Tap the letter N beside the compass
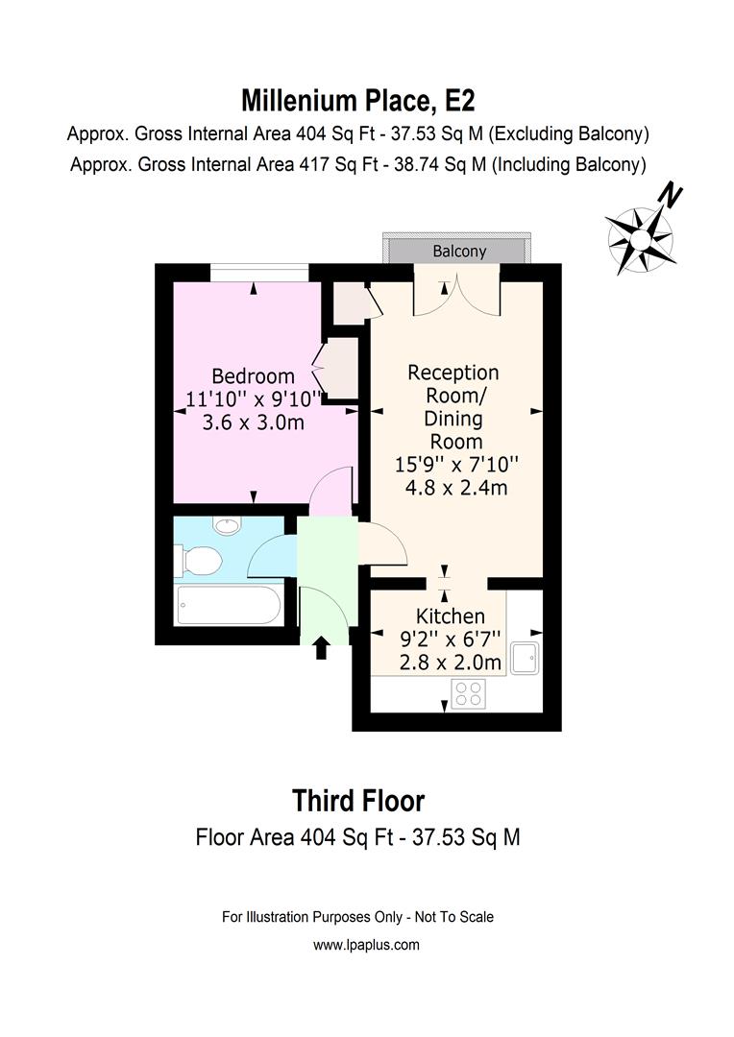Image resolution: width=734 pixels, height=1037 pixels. pos(671,197)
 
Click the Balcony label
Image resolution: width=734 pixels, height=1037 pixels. pos(459,252)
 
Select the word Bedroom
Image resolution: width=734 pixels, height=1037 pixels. pos(254,375)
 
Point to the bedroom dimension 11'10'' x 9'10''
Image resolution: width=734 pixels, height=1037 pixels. pos(255,398)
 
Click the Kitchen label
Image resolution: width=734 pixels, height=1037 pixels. pos(450,616)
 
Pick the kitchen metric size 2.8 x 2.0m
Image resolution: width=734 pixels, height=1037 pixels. pos(451,663)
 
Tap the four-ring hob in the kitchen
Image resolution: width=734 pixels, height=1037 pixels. pos(468,693)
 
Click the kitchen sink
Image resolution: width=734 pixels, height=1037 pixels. pos(526,658)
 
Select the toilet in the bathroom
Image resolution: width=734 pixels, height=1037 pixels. pos(196,559)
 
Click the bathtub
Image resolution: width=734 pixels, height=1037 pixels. pos(229,606)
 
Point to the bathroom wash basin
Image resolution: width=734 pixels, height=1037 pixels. pos(228,525)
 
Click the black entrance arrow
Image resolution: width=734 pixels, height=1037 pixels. pos(321,649)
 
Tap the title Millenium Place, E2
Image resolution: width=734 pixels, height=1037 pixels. pos(358,99)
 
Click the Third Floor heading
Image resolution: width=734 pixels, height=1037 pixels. pos(358,800)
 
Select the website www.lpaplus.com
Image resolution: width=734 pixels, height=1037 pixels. pos(366,945)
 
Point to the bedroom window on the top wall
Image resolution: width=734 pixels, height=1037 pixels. pos(259,273)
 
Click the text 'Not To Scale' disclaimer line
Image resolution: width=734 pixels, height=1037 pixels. pos(357,917)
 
